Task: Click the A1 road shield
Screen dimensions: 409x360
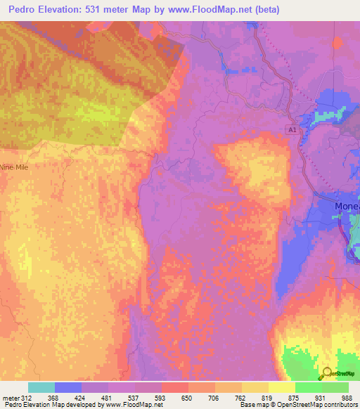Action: (292, 130)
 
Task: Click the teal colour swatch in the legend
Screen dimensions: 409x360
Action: (41, 387)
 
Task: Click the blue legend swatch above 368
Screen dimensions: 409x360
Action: (67, 387)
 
